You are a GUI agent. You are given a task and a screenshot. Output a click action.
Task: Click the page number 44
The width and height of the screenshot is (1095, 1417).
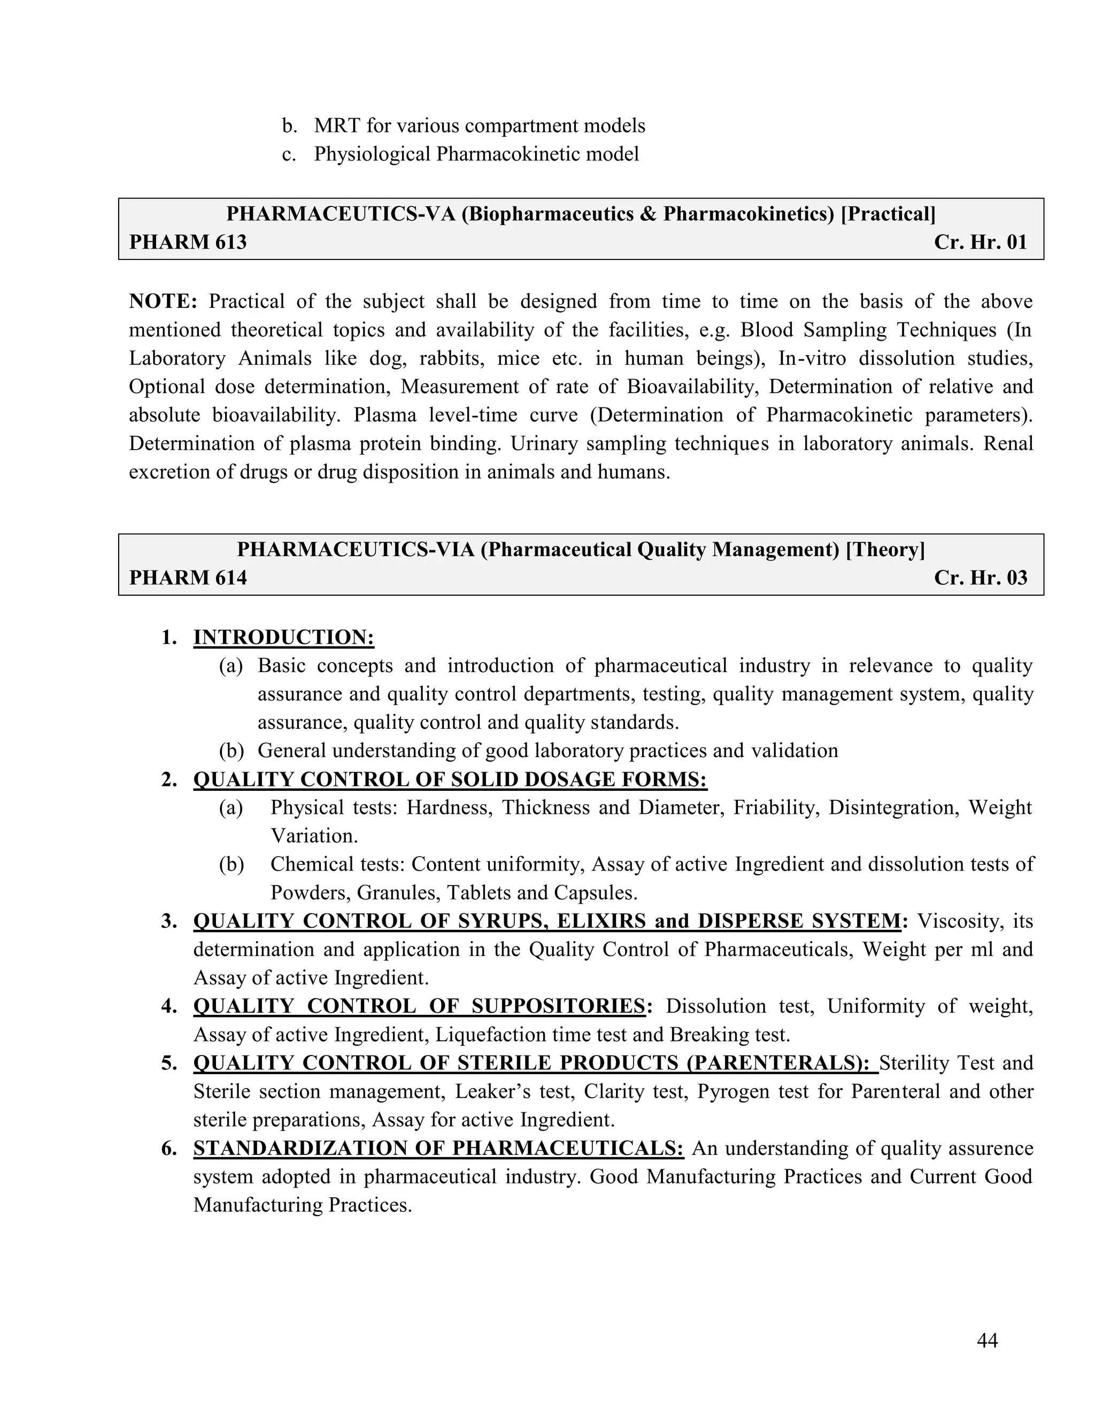tap(986, 1340)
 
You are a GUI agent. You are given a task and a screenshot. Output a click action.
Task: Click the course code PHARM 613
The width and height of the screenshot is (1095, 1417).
tap(188, 242)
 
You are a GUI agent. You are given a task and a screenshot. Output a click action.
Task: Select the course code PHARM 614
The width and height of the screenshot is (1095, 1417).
tap(188, 577)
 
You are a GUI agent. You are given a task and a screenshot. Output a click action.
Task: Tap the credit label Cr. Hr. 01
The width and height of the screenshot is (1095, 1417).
tap(980, 242)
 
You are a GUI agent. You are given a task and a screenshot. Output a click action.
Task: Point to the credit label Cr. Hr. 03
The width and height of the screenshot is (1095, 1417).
tap(980, 577)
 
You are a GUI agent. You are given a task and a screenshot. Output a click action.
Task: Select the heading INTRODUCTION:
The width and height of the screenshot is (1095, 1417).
tap(283, 637)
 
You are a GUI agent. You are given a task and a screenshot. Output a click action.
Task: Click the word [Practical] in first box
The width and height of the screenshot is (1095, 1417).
tap(888, 214)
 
